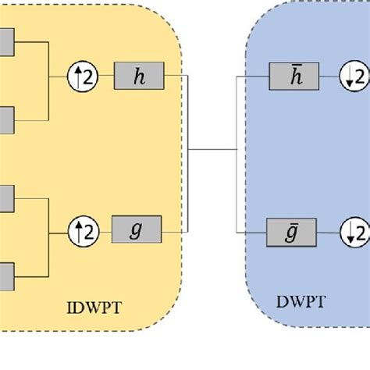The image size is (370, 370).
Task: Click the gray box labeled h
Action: click(139, 76)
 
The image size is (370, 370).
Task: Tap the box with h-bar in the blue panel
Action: click(291, 76)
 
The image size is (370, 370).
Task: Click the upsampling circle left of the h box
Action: click(87, 76)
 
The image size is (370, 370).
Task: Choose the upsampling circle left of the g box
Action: click(87, 229)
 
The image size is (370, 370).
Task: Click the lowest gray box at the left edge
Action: click(5, 272)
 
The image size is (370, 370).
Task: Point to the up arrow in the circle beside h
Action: click(82, 76)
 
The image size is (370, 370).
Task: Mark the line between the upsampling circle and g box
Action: click(106, 229)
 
